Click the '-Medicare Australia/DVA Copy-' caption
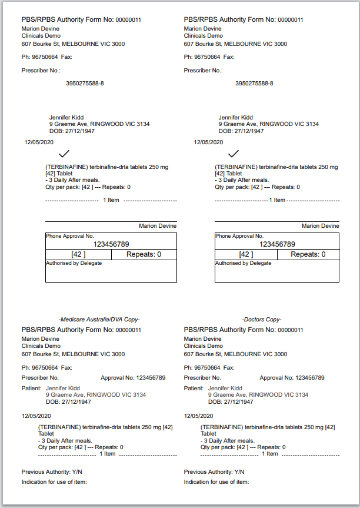pos(99,319)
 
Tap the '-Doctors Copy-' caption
pos(262,319)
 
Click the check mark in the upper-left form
pos(64,154)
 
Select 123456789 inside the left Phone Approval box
pos(111,244)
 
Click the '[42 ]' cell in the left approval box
pos(78,254)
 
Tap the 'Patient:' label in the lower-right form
pos(194,389)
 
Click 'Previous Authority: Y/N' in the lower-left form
pos(52,472)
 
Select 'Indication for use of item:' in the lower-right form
pos(216,482)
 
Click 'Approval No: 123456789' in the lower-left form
pos(134,377)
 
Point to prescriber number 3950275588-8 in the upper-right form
pos(254,84)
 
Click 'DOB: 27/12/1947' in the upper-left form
pos(72,131)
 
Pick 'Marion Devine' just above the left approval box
pos(158,225)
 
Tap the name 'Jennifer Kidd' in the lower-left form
pos(63,389)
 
